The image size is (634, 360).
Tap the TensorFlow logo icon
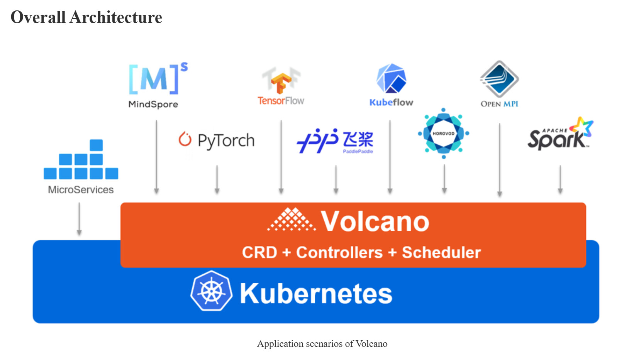[281, 82]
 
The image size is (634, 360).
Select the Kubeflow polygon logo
[391, 79]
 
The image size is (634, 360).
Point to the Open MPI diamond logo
[499, 79]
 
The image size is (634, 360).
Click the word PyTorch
[226, 141]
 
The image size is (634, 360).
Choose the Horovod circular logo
[444, 134]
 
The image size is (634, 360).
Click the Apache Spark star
[582, 127]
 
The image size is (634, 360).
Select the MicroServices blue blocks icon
[81, 160]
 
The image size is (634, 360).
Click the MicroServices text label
[81, 190]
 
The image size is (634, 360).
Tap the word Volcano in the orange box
[375, 221]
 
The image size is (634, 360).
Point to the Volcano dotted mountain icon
[292, 220]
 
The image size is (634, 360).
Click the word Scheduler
[441, 252]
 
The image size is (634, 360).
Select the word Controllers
[339, 252]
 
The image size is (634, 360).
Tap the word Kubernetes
[316, 294]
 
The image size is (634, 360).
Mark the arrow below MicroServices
[79, 219]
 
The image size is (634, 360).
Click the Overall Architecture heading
[86, 17]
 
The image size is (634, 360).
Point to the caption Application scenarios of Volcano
[322, 344]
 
